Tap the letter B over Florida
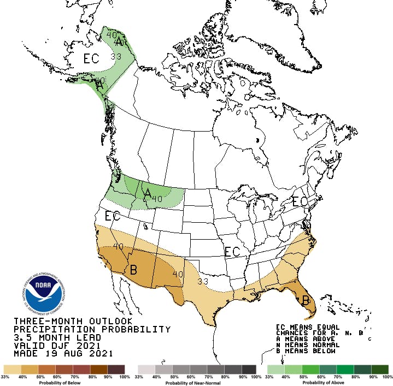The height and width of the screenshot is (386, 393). pyautogui.click(x=306, y=300)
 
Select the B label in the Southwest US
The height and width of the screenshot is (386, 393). pyautogui.click(x=132, y=270)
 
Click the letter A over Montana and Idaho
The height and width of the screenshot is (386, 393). pyautogui.click(x=146, y=193)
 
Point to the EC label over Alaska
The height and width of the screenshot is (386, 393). pyautogui.click(x=91, y=57)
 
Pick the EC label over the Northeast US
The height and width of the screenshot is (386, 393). pyautogui.click(x=300, y=201)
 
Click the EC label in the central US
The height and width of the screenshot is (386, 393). pyautogui.click(x=232, y=252)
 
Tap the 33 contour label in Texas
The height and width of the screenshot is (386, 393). pyautogui.click(x=203, y=281)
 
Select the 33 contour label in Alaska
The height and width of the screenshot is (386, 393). pyautogui.click(x=115, y=56)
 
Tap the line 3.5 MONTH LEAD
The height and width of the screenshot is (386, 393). pyautogui.click(x=49, y=337)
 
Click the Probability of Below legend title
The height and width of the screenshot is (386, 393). pyautogui.click(x=64, y=383)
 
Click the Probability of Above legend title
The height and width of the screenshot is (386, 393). pyautogui.click(x=327, y=383)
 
